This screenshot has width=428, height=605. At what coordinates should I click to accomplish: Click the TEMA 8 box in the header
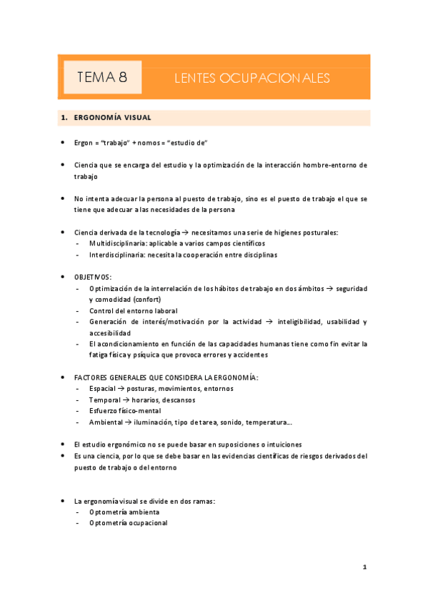pyautogui.click(x=102, y=78)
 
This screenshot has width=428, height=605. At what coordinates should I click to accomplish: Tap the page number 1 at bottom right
pyautogui.click(x=364, y=567)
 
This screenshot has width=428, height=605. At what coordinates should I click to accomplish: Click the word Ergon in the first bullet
pyautogui.click(x=84, y=143)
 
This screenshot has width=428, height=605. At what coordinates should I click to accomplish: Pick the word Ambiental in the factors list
pyautogui.click(x=106, y=422)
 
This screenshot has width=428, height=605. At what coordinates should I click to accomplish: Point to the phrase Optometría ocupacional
pyautogui.click(x=129, y=522)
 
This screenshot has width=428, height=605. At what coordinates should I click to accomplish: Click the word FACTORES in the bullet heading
pyautogui.click(x=93, y=377)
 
